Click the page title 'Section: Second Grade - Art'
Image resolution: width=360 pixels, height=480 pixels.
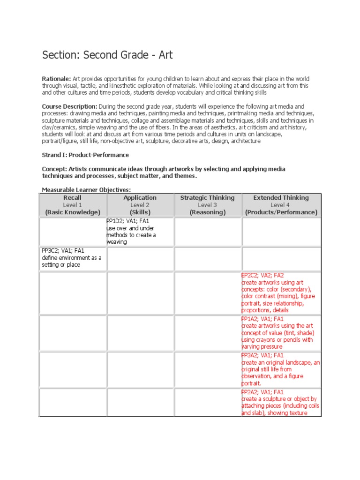pyautogui.click(x=107, y=55)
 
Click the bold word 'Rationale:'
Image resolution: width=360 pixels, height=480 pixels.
pyautogui.click(x=56, y=79)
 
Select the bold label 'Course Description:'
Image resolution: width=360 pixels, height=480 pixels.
pyautogui.click(x=70, y=106)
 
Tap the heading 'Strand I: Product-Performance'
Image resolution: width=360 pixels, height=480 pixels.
pyautogui.click(x=85, y=155)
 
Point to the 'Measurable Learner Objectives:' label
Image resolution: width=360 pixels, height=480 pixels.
pyautogui.click(x=86, y=190)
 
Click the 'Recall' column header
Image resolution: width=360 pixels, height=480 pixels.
pyautogui.click(x=73, y=198)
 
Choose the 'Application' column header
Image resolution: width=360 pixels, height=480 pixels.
pyautogui.click(x=140, y=198)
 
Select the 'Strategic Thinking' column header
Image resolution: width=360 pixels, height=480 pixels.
pyautogui.click(x=207, y=198)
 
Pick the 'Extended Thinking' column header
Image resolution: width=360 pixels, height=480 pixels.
pyautogui.click(x=281, y=198)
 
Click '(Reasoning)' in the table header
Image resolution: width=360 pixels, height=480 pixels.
pyautogui.click(x=207, y=212)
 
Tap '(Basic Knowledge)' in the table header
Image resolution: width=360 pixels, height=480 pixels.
pyautogui.click(x=73, y=212)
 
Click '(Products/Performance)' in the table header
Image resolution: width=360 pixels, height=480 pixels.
pyautogui.click(x=281, y=212)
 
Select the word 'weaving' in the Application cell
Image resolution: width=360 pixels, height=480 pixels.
pyautogui.click(x=117, y=242)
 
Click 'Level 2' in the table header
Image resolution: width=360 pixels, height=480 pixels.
pyautogui.click(x=140, y=205)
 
